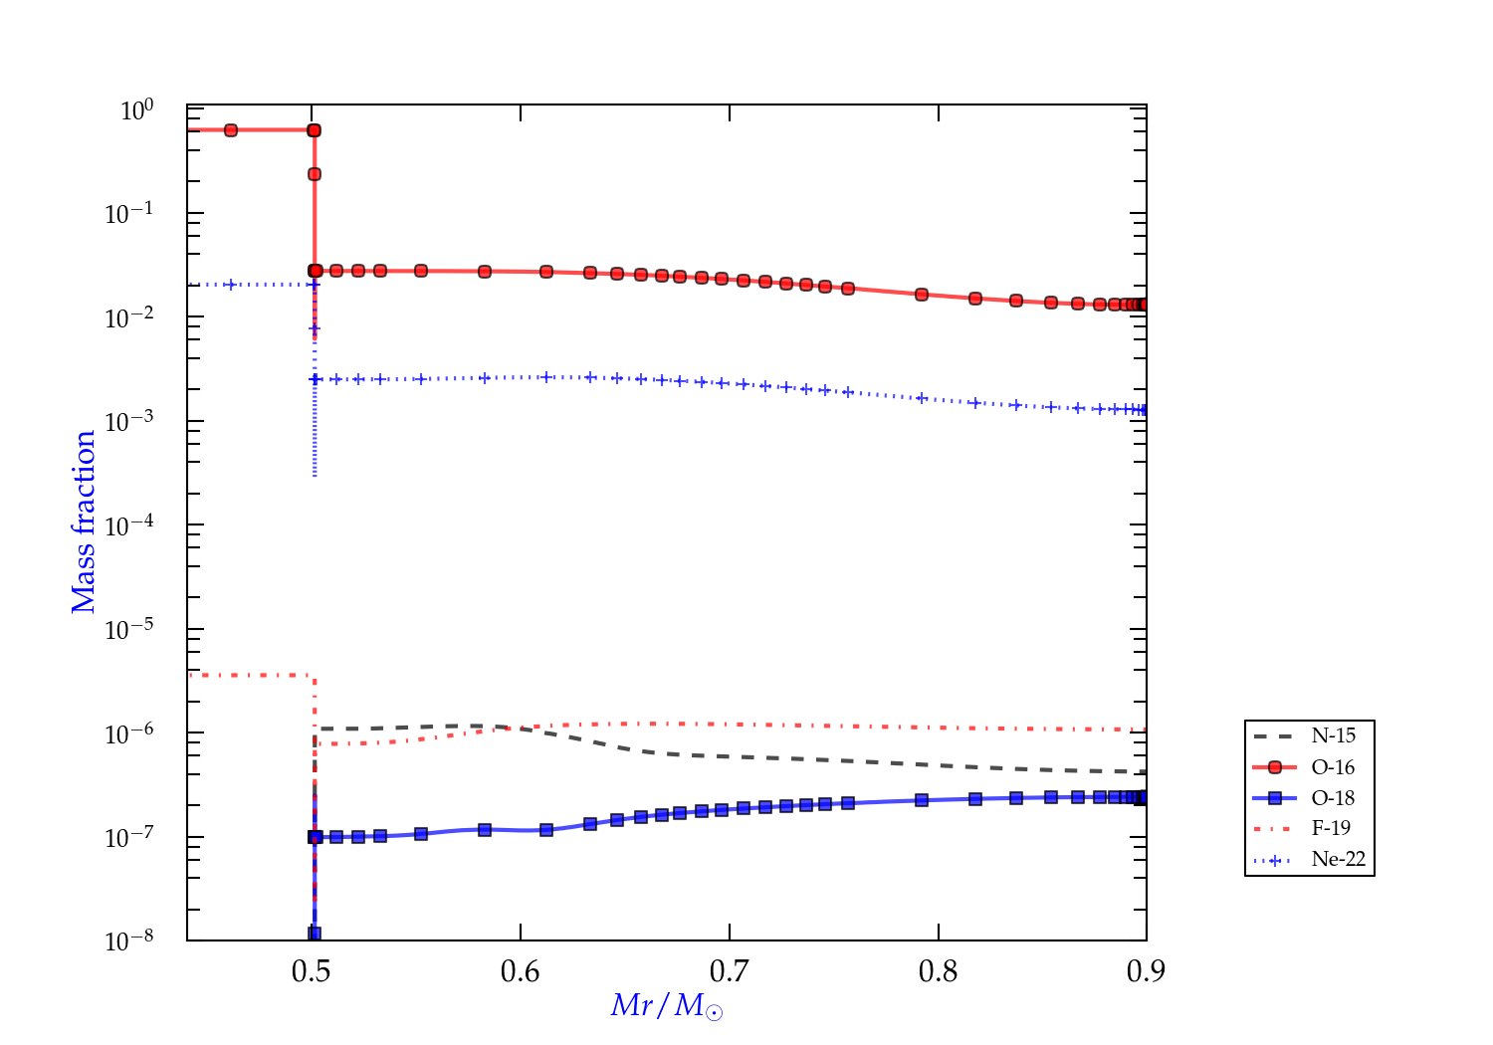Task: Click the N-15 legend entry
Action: point(1333,736)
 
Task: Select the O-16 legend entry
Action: point(1333,767)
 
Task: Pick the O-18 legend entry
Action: point(1333,798)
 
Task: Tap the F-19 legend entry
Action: point(1331,828)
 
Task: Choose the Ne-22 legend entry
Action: point(1338,859)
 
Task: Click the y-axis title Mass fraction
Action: point(84,522)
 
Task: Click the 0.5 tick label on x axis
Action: point(312,971)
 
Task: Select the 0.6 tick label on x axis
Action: point(521,971)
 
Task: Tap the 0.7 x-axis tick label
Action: point(730,971)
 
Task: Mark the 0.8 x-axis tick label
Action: point(939,971)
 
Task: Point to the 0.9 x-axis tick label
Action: point(1147,971)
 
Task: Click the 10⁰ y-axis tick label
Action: point(136,110)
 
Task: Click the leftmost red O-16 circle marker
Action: point(231,130)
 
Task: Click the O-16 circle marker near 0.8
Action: point(922,295)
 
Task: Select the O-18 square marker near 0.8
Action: point(922,800)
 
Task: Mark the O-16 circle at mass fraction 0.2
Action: point(315,174)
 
